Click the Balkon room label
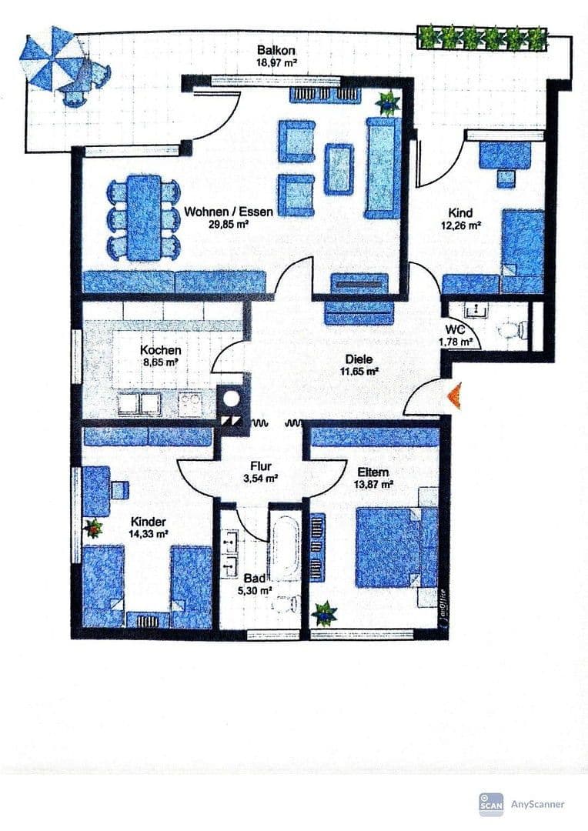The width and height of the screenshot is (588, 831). (275, 51)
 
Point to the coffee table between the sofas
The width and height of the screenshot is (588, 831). (339, 169)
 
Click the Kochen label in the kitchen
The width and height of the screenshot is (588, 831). (160, 350)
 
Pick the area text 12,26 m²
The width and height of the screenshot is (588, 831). (460, 225)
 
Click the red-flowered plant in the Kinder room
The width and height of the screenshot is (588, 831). (94, 528)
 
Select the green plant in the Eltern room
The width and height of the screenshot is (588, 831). (325, 613)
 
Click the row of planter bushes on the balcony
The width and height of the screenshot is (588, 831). (482, 38)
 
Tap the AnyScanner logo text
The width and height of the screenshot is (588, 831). (538, 804)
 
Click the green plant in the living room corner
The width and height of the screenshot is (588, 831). (387, 102)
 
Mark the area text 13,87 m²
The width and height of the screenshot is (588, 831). (373, 485)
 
